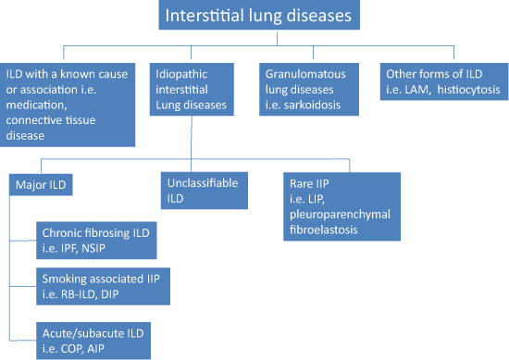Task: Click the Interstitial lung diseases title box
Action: (255, 17)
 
